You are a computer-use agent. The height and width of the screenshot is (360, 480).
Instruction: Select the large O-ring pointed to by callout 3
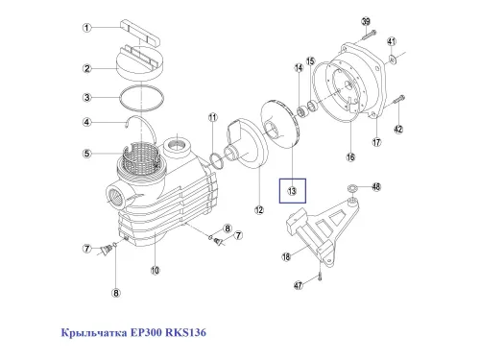point(140,98)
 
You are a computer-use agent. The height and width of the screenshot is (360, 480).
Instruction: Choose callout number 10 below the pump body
point(155,271)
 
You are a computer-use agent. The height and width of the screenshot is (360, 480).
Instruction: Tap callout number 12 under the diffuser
point(258,209)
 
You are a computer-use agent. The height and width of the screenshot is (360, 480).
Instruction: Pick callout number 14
point(299,69)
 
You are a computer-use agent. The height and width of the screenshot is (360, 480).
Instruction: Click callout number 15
point(310,61)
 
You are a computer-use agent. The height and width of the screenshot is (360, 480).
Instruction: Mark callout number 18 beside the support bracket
point(285,257)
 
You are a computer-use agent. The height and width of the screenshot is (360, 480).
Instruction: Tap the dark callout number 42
point(400,130)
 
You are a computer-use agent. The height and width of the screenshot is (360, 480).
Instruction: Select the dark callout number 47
point(299,285)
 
